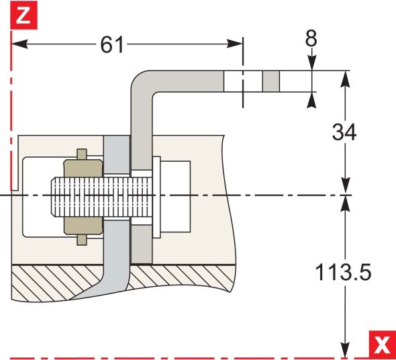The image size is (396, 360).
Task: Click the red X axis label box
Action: [x=382, y=345]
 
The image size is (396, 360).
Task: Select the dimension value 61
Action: [x=112, y=45]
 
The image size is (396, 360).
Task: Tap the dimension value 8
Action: [x=311, y=38]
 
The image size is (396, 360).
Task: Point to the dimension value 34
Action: [x=344, y=132]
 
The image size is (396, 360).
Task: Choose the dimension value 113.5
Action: [x=344, y=272]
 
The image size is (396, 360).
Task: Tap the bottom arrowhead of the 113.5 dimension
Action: [x=345, y=352]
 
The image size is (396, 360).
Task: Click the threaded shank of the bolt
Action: [x=94, y=196]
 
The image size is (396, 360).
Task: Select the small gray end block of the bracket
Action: [x=270, y=82]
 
